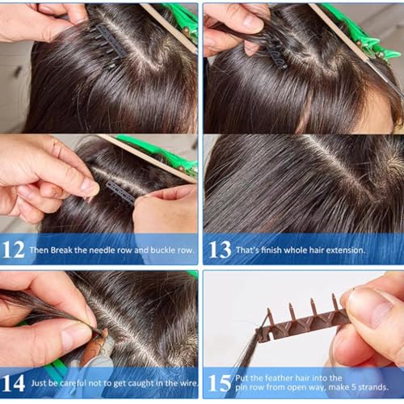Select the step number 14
point(15,380)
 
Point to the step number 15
point(220,381)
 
